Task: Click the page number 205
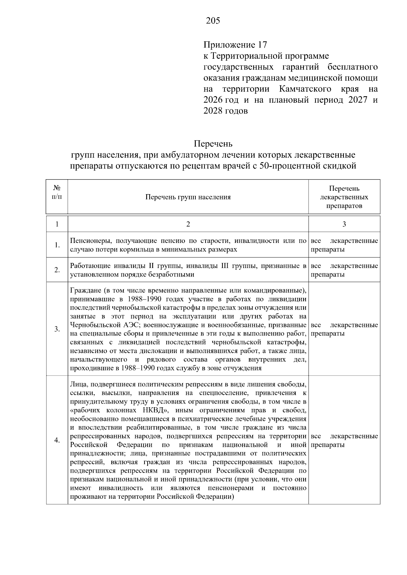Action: (x=213, y=21)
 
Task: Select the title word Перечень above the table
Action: (x=213, y=144)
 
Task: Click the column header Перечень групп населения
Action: (x=188, y=197)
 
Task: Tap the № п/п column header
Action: (x=57, y=192)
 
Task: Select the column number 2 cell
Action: (x=188, y=224)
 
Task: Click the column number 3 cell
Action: (x=344, y=224)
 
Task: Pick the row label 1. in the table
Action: (x=57, y=245)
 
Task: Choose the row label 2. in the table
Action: (x=57, y=270)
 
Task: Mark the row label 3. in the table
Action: (x=57, y=329)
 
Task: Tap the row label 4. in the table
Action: (x=57, y=440)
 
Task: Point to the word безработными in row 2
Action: (x=173, y=274)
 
